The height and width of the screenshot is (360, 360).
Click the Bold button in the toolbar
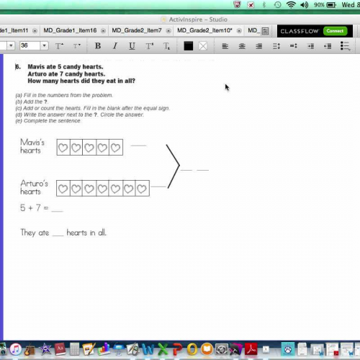pos(98,46)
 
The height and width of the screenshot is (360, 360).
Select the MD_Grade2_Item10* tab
pos(206,31)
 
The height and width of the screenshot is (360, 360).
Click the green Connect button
pos(334,31)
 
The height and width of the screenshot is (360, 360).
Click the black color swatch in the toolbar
pos(189,46)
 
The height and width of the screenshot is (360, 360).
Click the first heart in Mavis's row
pos(63,148)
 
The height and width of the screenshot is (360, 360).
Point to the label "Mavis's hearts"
pos(32,147)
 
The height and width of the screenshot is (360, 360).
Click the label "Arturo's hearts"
pos(34,188)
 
